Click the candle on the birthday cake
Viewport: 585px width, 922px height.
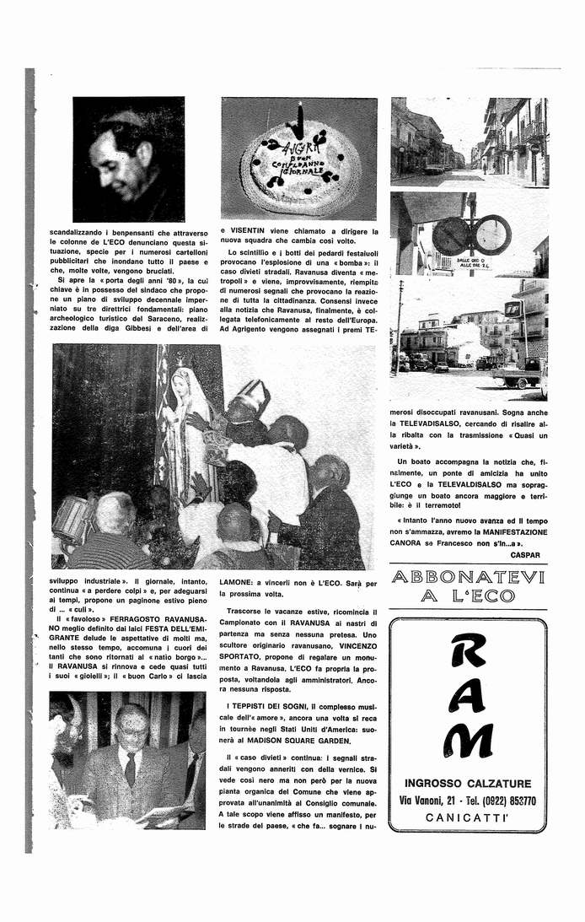pyautogui.click(x=297, y=121)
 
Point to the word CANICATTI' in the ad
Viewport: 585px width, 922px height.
pyautogui.click(x=468, y=818)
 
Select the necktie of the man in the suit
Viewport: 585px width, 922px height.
pyautogui.click(x=130, y=767)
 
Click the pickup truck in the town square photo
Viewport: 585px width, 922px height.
pyautogui.click(x=517, y=377)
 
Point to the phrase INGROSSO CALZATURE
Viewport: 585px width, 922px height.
pyautogui.click(x=467, y=783)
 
